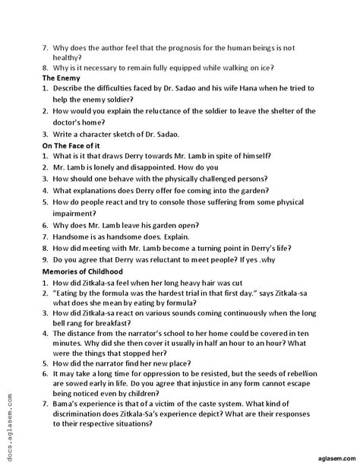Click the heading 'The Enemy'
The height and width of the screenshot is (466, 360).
pos(61,78)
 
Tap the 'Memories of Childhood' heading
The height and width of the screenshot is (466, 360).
pos(87,271)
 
